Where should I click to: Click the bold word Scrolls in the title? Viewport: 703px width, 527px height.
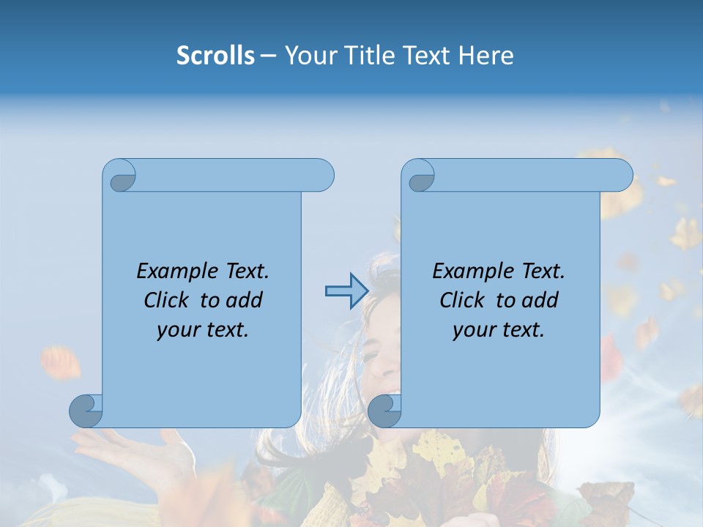216,56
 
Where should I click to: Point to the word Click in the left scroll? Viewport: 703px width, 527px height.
168,300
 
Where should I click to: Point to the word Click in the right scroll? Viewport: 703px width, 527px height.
464,300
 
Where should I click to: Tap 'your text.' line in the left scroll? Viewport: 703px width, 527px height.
203,330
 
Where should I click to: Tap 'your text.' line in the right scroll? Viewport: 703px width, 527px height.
499,330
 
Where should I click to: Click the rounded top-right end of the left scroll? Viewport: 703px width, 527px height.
322,176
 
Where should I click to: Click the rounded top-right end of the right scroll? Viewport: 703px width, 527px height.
621,176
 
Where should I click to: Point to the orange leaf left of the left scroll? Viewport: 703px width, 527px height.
61,362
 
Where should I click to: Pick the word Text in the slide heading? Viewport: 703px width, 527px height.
426,56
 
